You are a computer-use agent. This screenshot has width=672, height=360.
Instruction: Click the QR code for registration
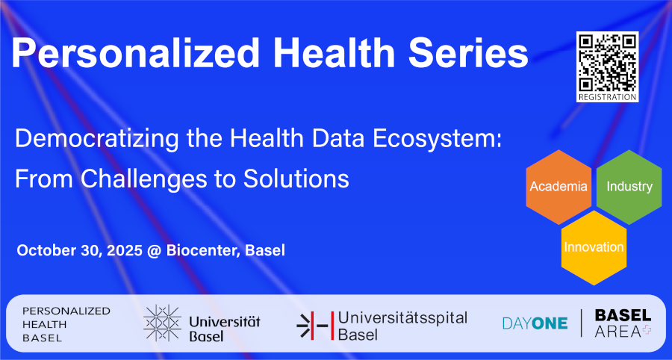[607, 63]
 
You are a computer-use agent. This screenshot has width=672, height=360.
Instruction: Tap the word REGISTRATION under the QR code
[607, 97]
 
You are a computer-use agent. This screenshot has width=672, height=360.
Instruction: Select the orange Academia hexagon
[559, 187]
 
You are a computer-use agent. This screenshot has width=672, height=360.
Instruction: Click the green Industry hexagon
[629, 187]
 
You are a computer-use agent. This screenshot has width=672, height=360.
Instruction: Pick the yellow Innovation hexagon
[594, 248]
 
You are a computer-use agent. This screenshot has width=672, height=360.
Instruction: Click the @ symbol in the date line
[155, 251]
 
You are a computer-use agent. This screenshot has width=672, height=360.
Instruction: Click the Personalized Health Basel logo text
[66, 324]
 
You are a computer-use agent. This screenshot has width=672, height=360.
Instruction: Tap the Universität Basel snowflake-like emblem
[162, 323]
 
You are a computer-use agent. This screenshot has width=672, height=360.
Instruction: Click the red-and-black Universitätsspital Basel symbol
[315, 326]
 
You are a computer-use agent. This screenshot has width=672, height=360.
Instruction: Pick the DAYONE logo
[535, 323]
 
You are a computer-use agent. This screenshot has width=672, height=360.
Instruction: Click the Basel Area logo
[623, 323]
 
